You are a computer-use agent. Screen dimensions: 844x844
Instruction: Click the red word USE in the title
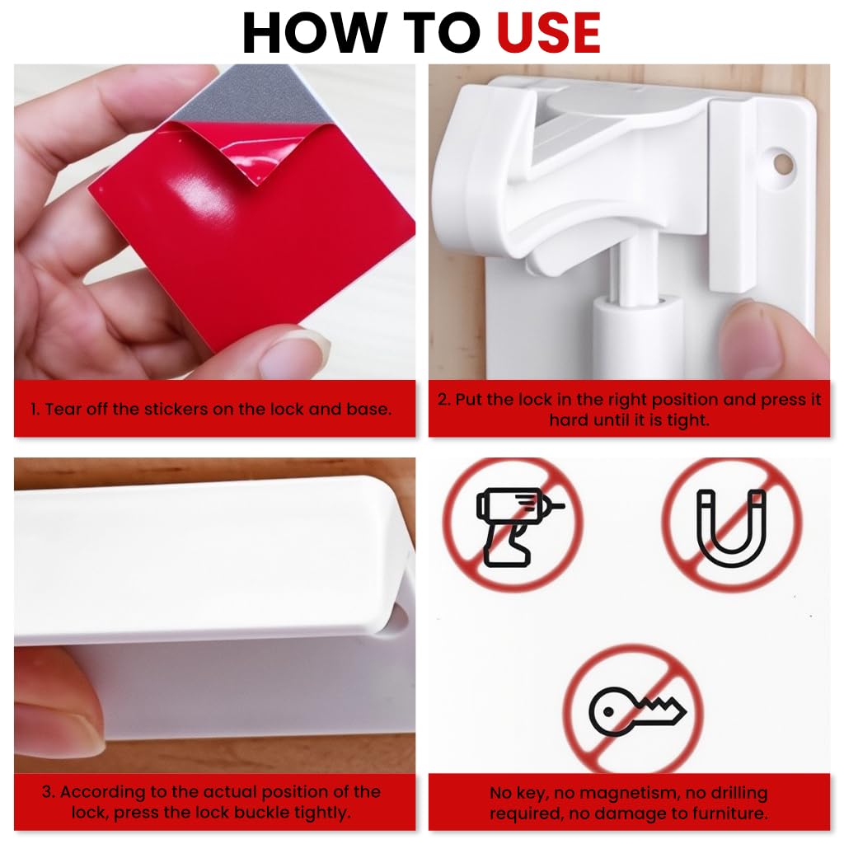[548, 33]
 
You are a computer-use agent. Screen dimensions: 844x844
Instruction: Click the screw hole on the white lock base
[781, 162]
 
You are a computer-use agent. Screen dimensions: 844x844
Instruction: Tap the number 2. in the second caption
[444, 400]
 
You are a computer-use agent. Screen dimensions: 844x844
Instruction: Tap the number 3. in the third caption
[49, 793]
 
